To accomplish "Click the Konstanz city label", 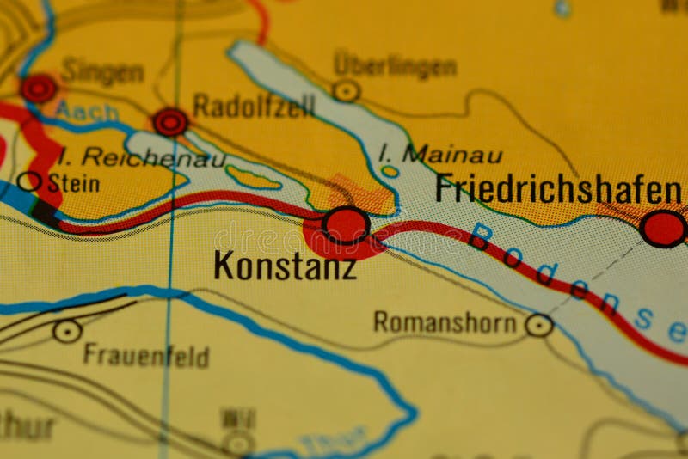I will (x=285, y=265).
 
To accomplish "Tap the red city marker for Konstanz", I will (x=346, y=225).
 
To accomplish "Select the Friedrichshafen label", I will (x=558, y=188).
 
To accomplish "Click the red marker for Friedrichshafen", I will (x=663, y=229).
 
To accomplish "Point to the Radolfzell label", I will (x=254, y=106).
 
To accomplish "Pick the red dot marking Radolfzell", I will (x=170, y=122).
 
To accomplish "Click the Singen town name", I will (x=102, y=72).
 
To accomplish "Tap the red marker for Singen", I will (x=39, y=88).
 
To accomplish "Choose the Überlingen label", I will (x=395, y=64).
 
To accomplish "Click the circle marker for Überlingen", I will (x=347, y=90).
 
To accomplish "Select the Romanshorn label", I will (x=445, y=322).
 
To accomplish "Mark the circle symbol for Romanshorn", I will (x=539, y=324).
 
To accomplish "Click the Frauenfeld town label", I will (x=145, y=355).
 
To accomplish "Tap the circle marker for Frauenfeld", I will (x=67, y=331).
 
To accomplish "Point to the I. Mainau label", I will (x=440, y=155).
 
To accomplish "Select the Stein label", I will (x=73, y=183).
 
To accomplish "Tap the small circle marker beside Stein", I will (x=29, y=181).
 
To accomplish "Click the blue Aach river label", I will (x=77, y=109).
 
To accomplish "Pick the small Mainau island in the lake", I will (x=390, y=171).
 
